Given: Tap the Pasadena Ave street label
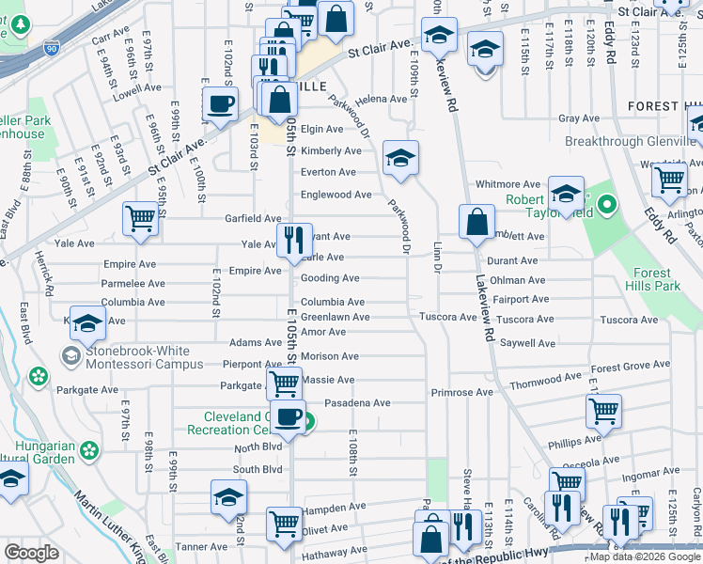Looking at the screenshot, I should tap(357, 403).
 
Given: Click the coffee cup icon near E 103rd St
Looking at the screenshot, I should tap(220, 103).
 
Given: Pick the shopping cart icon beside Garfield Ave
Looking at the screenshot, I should tap(140, 219).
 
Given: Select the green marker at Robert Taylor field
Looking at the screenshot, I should tap(608, 203).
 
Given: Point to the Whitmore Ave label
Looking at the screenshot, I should tap(508, 184).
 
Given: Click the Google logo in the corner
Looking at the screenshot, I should tap(31, 553).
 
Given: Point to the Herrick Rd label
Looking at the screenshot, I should tap(51, 281).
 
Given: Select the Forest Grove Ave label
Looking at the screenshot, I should tap(631, 367).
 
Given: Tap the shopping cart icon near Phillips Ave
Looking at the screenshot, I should tap(603, 410).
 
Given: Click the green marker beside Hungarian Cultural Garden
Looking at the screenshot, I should tap(89, 451).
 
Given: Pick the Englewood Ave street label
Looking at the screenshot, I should tap(336, 195).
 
